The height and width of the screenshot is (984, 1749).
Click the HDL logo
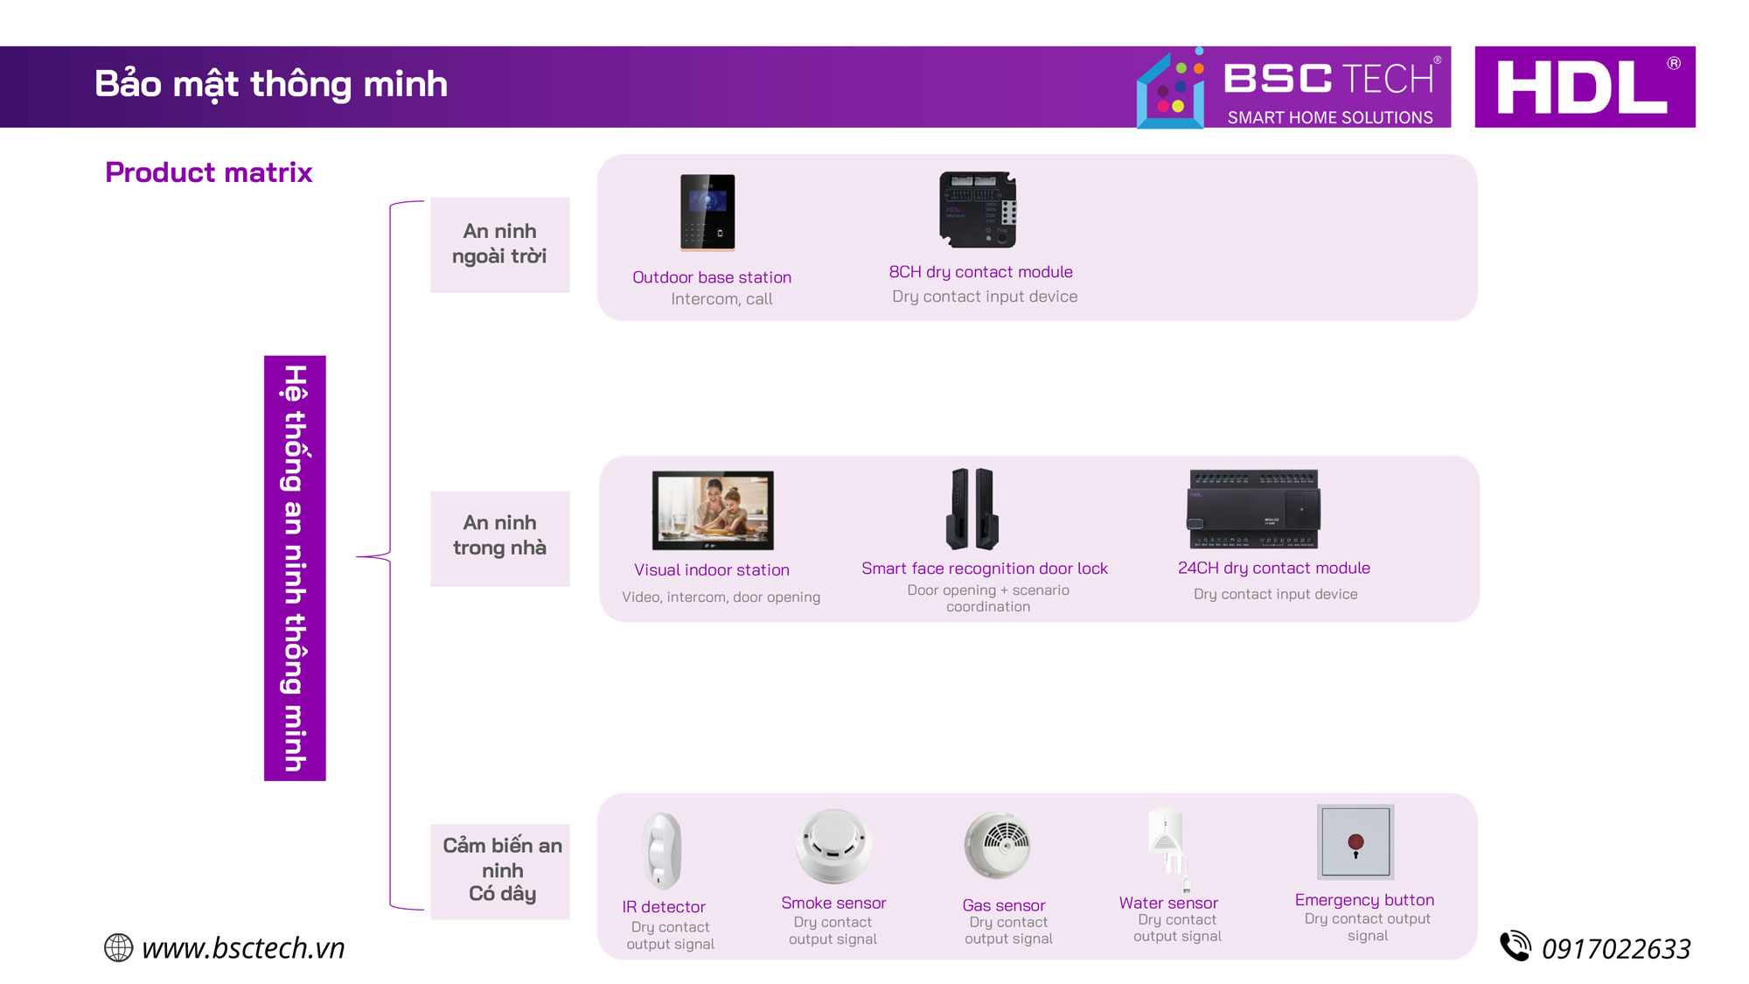(x=1585, y=87)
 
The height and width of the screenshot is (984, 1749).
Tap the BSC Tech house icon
(x=1172, y=89)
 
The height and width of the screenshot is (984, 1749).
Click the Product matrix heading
(x=208, y=172)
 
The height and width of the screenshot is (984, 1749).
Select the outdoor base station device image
(x=707, y=213)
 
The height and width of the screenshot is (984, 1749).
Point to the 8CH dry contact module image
(x=978, y=210)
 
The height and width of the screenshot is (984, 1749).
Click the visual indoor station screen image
(x=713, y=510)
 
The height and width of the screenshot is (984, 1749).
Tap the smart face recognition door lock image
(x=972, y=508)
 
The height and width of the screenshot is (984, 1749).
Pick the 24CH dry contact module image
(x=1253, y=509)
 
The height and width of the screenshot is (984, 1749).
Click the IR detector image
(x=662, y=850)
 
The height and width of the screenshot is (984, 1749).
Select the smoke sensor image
(x=833, y=846)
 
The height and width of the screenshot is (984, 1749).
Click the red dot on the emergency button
(x=1355, y=842)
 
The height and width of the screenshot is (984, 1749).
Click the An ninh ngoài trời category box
(x=500, y=245)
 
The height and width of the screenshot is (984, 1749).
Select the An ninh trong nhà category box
(x=500, y=538)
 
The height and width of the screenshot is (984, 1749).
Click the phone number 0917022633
(x=1616, y=949)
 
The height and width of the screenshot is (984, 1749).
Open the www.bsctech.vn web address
(x=243, y=948)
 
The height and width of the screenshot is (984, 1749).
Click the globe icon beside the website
(x=118, y=947)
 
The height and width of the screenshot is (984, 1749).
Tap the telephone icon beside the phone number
(x=1516, y=946)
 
